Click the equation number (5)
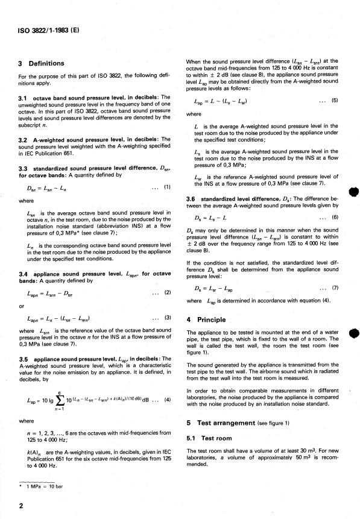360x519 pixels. [334, 101]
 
